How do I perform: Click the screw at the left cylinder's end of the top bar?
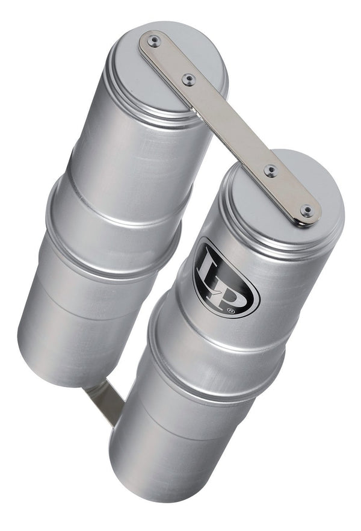click(x=154, y=41)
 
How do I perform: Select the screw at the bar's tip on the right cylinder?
click(x=307, y=211)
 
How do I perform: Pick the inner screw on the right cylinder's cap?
click(x=271, y=171)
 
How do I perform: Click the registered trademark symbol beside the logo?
click(x=247, y=311)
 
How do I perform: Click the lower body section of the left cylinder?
click(x=84, y=301)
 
